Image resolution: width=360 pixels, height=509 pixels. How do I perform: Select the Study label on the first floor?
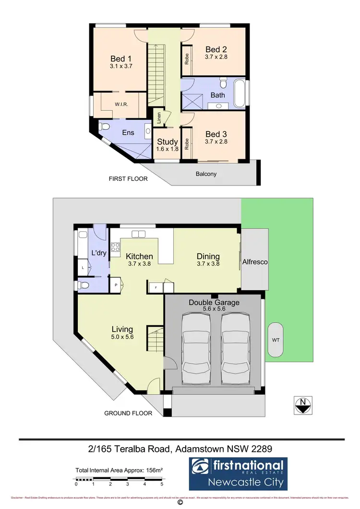point(168,142)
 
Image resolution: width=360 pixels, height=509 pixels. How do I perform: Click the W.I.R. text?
point(120,104)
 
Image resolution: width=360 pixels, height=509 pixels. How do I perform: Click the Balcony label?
point(206,174)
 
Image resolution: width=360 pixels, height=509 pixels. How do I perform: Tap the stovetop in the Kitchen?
point(115,247)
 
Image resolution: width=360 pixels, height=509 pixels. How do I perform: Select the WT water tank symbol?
point(276,340)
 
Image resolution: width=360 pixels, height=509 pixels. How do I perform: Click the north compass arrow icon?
point(303,405)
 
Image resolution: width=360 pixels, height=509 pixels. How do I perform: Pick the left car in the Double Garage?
point(196,344)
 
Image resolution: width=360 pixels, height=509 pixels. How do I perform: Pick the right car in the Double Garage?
point(235,344)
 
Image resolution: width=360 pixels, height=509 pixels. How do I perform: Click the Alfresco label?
point(255,262)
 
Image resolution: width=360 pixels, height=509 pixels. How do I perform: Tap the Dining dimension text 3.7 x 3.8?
point(208,264)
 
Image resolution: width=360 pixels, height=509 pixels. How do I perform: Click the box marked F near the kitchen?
point(156,286)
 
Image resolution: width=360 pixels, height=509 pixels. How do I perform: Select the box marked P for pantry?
point(116,284)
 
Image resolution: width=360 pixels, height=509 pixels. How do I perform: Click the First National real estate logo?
point(239,473)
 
